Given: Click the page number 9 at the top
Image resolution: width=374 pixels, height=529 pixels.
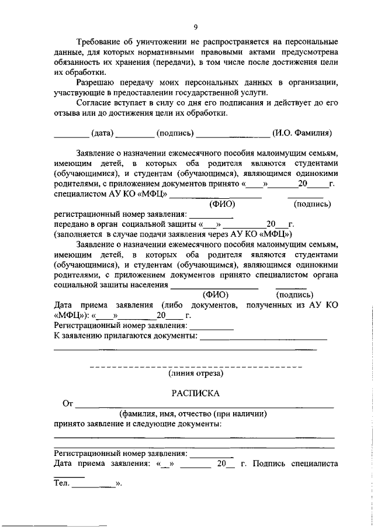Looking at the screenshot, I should coord(195,26).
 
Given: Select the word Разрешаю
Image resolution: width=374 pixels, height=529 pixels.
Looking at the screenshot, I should coord(98,82).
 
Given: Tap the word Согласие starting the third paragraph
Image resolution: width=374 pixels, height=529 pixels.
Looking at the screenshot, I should coord(96,102).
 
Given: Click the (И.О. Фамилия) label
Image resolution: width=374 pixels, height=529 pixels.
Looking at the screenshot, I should coord(302,133).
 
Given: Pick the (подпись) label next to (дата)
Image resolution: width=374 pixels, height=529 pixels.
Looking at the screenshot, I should coord(175,133).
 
